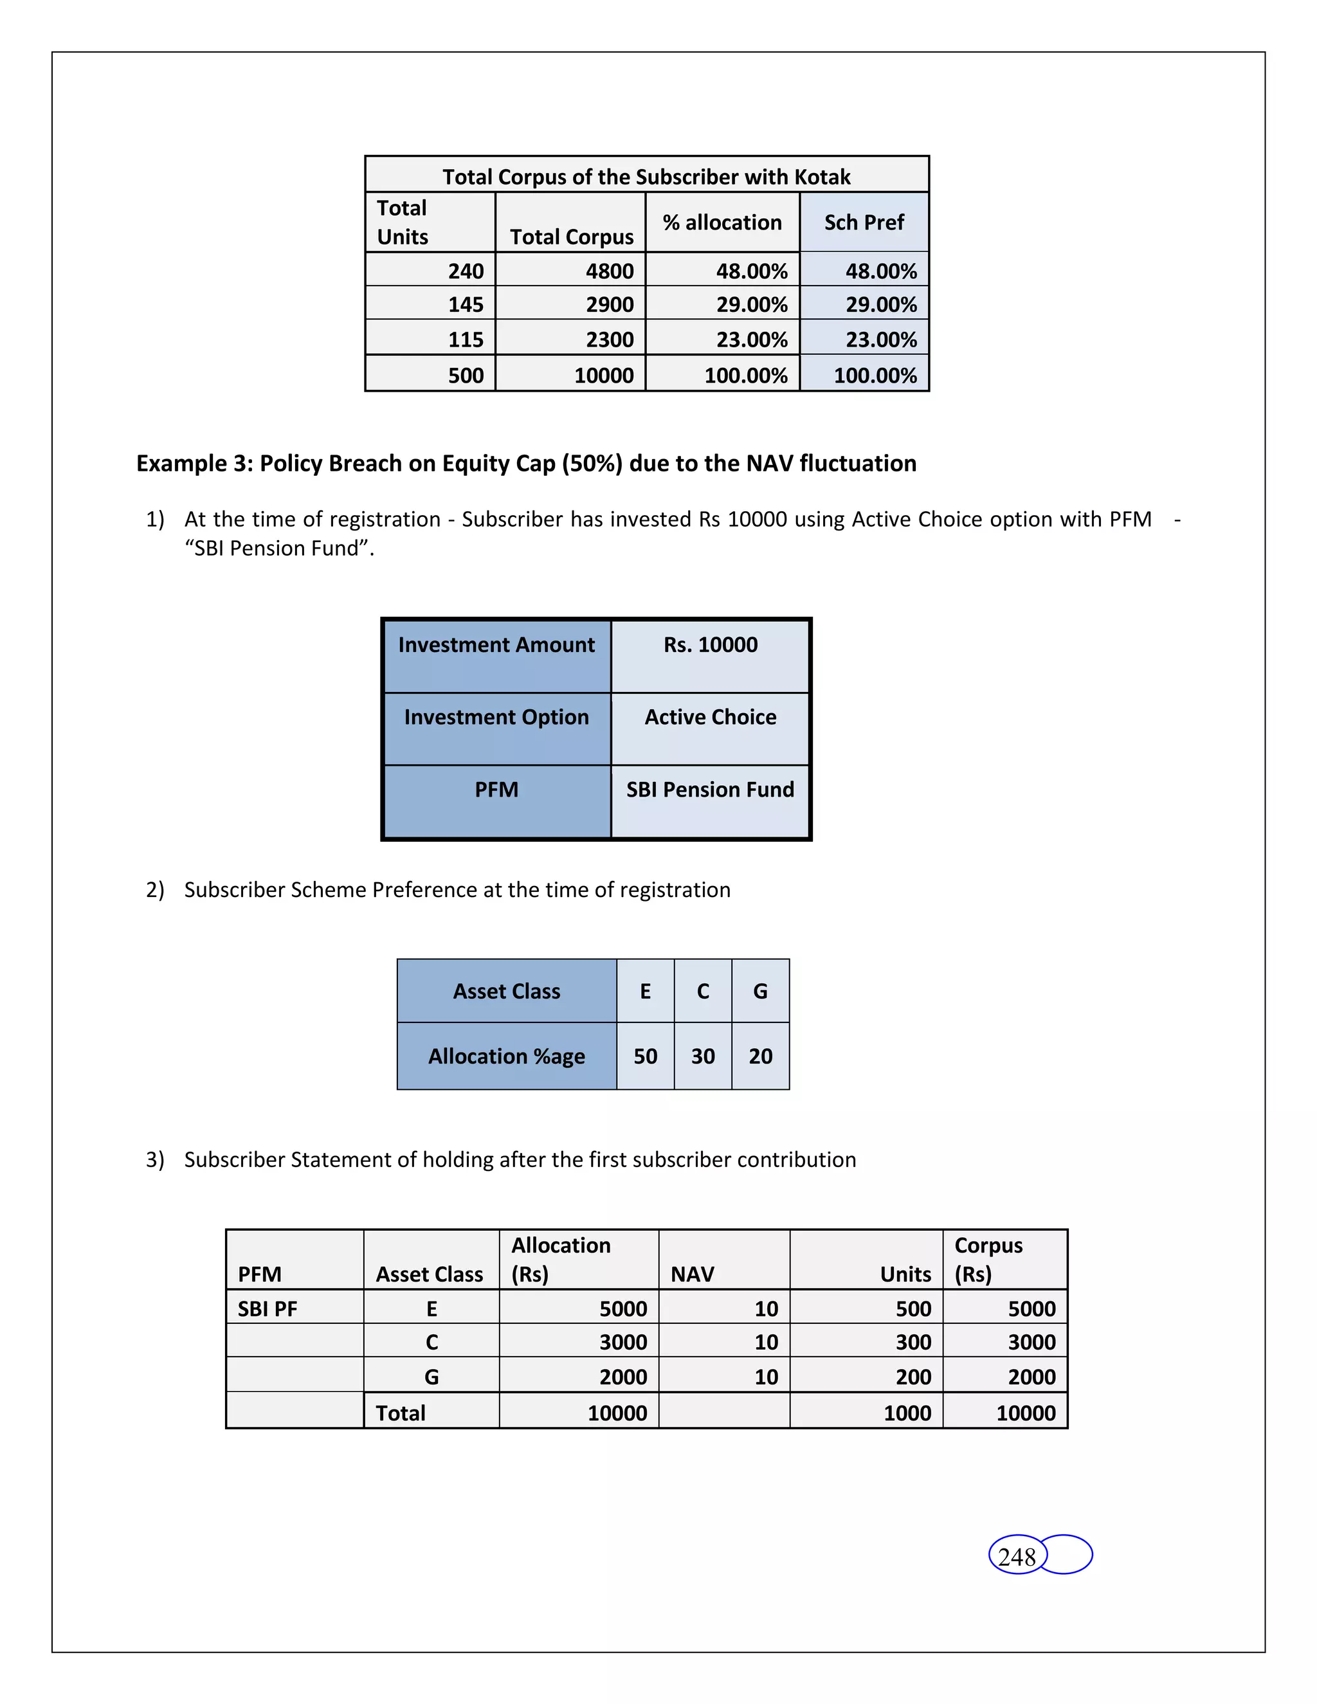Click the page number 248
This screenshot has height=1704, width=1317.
1017,1557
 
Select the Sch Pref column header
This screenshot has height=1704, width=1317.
864,222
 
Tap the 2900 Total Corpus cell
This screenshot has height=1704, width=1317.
610,304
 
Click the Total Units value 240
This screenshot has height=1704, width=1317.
466,271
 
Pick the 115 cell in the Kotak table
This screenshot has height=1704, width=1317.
466,340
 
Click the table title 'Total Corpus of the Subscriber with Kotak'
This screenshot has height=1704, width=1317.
646,176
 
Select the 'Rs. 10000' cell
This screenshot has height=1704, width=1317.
710,644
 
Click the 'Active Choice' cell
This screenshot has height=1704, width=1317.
710,717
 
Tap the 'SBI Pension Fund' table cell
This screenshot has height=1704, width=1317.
710,790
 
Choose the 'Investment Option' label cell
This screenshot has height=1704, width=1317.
496,717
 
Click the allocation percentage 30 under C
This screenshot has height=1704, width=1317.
702,1056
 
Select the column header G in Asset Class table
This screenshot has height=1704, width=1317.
760,991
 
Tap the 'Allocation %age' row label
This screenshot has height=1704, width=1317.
506,1056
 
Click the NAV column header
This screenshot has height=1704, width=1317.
692,1274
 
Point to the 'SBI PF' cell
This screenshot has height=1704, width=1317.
267,1309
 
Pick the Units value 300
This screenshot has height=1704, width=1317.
913,1342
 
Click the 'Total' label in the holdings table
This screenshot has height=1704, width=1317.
400,1413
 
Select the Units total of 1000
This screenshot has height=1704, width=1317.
907,1413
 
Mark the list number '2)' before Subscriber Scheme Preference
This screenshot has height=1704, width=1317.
154,889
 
